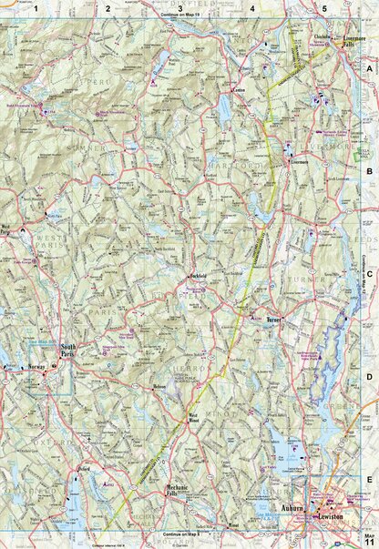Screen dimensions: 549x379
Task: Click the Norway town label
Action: pos(36,367)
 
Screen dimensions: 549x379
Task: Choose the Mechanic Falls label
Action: pos(176,492)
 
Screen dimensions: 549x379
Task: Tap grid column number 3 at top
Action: pos(180,8)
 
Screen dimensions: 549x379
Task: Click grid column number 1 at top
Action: pos(36,8)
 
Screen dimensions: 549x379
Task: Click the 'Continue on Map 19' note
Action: pos(182,16)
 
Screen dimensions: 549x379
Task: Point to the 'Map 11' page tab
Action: pos(369,539)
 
